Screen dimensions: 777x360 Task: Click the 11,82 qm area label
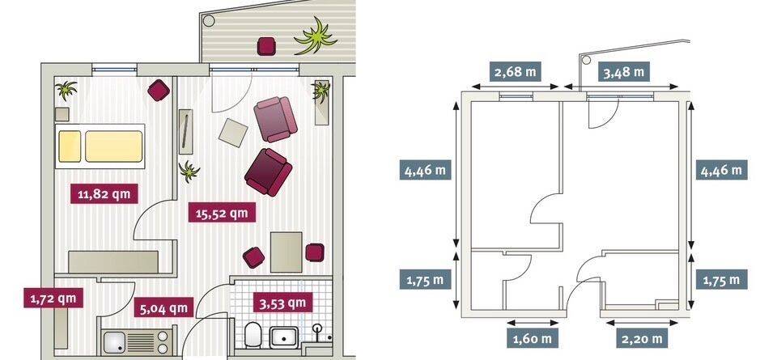(x=104, y=193)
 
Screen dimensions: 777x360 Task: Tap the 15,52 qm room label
(x=223, y=214)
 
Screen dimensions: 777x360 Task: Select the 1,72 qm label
(x=53, y=298)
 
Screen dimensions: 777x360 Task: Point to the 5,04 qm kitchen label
(x=163, y=308)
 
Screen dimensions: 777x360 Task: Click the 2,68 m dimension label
(x=516, y=71)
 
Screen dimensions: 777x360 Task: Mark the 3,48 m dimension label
(x=624, y=72)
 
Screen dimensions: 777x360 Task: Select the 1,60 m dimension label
(x=533, y=339)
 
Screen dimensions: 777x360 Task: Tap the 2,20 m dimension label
(x=642, y=339)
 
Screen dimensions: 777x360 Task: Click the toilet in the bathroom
(x=253, y=335)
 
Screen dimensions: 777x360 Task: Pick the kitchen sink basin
(x=116, y=342)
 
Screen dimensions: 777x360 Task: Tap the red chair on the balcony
(x=266, y=46)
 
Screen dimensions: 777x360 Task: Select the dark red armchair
(x=268, y=172)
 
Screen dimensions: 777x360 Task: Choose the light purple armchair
(x=275, y=120)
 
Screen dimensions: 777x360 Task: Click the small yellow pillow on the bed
(x=70, y=146)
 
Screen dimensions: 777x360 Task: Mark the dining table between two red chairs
(x=287, y=252)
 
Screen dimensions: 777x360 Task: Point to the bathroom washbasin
(x=283, y=337)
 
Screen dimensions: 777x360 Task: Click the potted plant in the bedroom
(x=66, y=90)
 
